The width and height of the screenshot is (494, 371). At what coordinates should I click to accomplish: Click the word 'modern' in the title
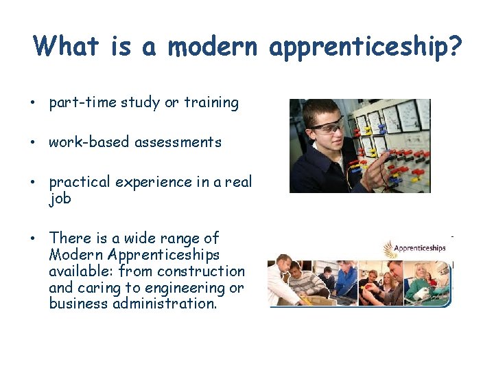[x=212, y=47]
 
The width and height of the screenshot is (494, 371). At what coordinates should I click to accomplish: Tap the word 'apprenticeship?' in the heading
[x=365, y=47]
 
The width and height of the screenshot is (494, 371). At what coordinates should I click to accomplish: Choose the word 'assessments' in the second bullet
[x=178, y=142]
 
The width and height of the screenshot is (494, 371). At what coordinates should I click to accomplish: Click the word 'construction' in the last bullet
[x=204, y=271]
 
